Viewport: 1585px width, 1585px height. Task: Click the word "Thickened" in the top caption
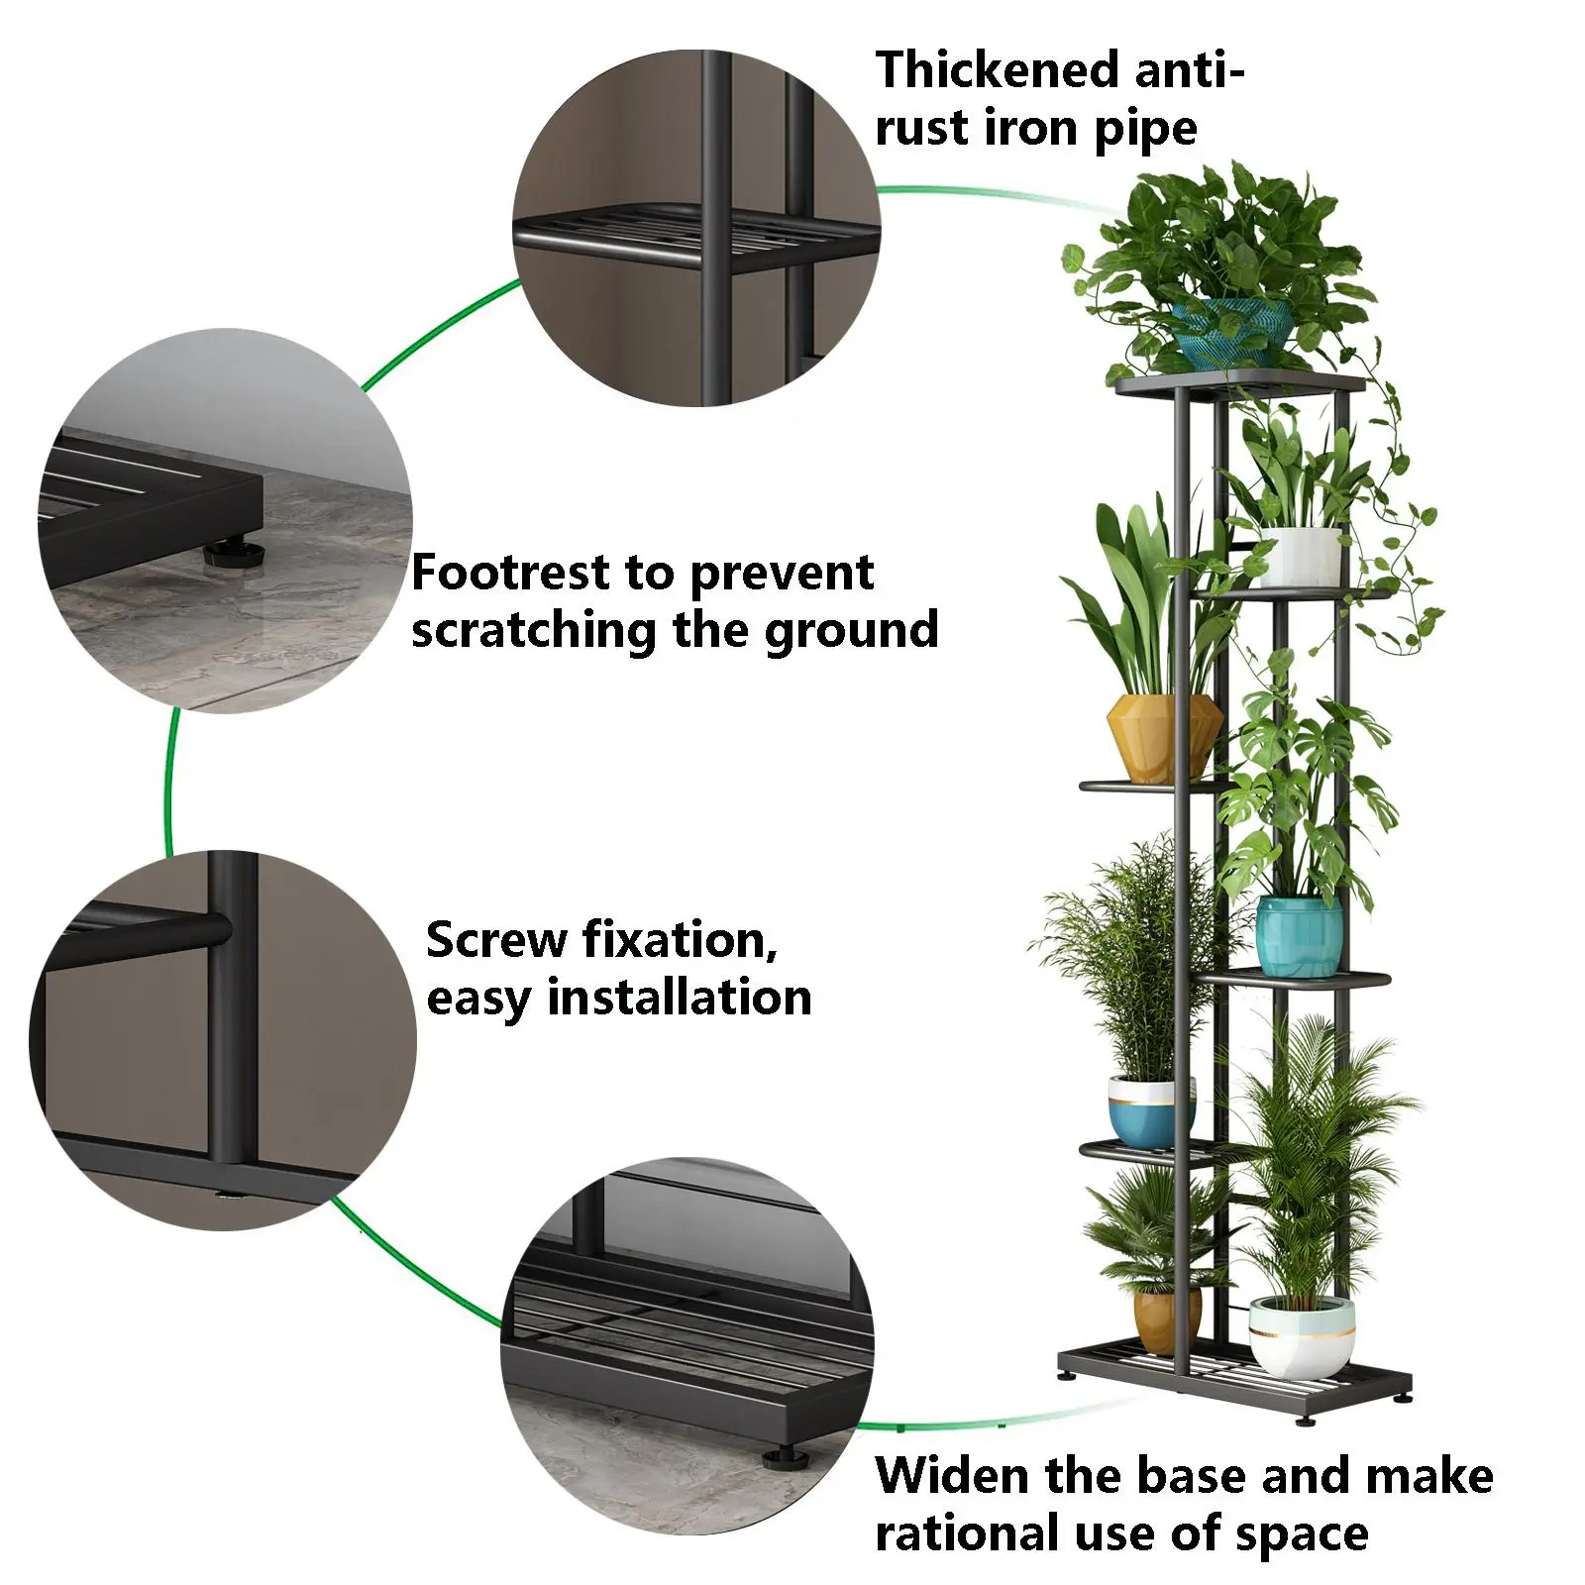(997, 71)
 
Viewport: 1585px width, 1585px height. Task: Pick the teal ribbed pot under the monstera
(1299, 935)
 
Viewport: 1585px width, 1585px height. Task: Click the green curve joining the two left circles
(170, 783)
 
